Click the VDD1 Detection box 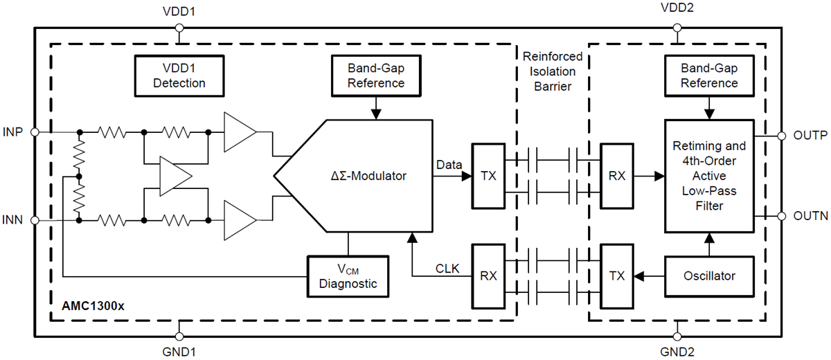coord(179,75)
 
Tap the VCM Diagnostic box coord(348,275)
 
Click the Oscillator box coord(709,275)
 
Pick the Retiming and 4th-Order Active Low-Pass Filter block coord(709,176)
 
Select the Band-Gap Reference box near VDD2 coord(709,75)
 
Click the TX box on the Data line coord(489,176)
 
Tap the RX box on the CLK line coord(489,275)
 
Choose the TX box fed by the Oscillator coord(618,275)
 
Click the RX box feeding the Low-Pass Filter coord(618,176)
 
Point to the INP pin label coord(14,132)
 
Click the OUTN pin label coord(810,217)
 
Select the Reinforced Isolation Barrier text coord(552,72)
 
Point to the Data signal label coord(449,165)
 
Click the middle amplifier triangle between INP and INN coord(173,174)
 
